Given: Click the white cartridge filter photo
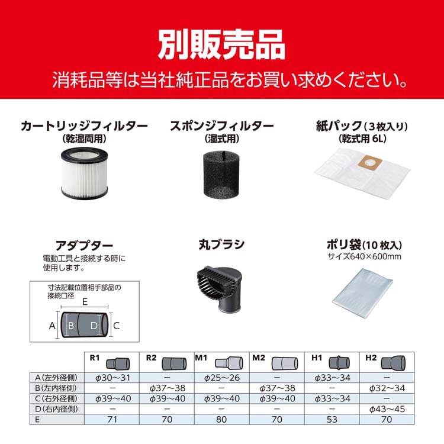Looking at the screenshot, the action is tap(85, 173).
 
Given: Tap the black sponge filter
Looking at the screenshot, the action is tap(222, 175).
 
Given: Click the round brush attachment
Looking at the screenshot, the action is tap(220, 289).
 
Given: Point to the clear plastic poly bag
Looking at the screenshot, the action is tap(363, 294).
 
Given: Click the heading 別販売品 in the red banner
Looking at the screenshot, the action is tap(222, 44).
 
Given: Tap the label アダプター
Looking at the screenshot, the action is tap(84, 246).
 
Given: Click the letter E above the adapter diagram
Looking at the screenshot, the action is tap(85, 302).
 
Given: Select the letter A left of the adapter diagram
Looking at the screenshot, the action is tap(52, 326).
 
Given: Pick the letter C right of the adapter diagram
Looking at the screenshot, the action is tap(117, 326).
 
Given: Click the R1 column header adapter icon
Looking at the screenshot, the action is tap(118, 363).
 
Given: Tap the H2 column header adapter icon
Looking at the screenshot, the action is tap(393, 362).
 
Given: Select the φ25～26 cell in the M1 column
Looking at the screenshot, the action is tap(222, 378).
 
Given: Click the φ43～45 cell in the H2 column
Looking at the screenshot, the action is tap(387, 409).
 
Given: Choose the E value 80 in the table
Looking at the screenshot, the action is tap(221, 419).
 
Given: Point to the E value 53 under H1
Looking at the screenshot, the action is tap(332, 419).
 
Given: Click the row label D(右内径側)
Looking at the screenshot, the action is tap(56, 409).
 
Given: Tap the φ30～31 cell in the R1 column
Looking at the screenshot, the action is tap(112, 378).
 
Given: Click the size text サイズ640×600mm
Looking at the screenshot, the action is tap(365, 256).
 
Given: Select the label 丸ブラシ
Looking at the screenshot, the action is tap(221, 244).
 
